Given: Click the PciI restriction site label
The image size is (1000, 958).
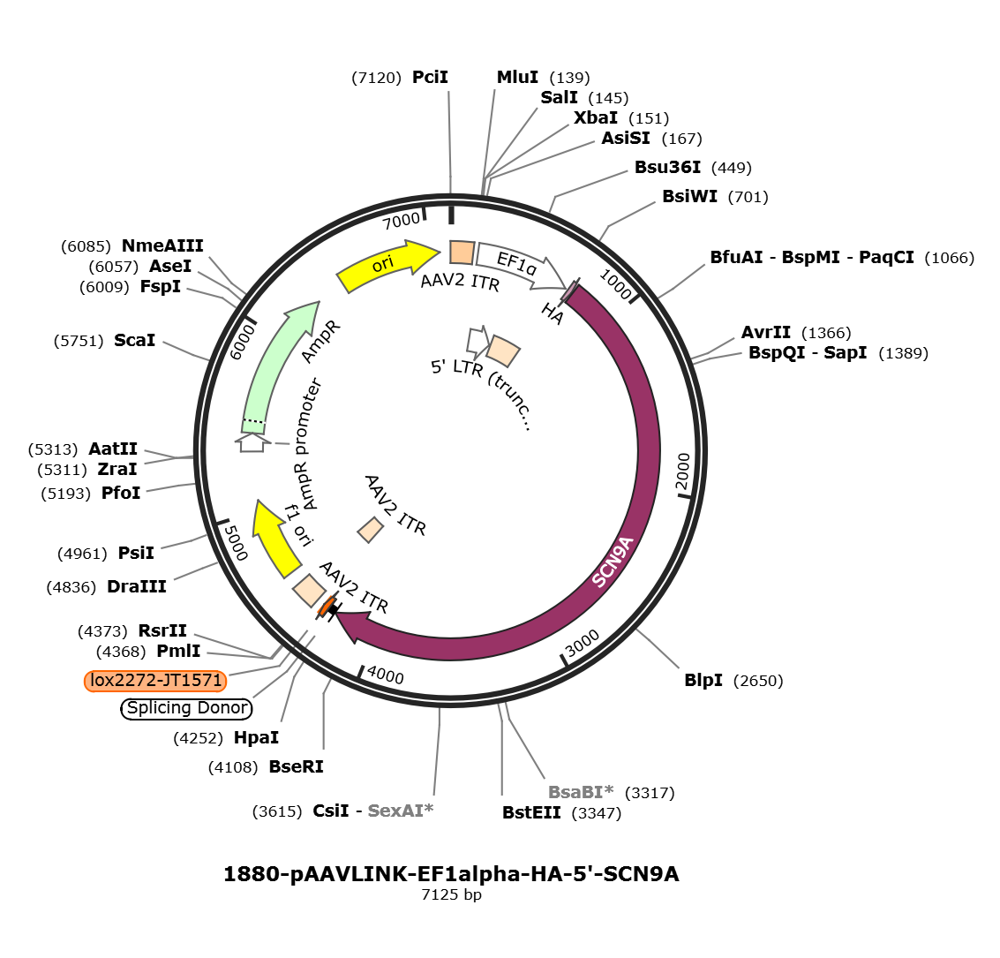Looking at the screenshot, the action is (430, 77).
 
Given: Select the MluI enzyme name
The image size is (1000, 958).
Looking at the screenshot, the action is (517, 77).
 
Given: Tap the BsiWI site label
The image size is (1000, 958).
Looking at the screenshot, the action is (689, 196).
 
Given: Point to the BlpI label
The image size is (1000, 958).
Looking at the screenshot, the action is (703, 680).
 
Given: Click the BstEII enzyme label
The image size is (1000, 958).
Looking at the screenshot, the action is (531, 812).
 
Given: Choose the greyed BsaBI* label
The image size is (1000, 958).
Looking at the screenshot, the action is (581, 792).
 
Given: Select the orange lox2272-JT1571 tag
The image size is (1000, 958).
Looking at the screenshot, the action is (155, 681).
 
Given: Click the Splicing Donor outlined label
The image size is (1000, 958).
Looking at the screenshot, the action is (186, 708).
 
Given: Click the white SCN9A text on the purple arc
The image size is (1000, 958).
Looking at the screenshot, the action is (613, 562).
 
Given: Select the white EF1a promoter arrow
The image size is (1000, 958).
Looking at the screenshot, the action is (520, 263).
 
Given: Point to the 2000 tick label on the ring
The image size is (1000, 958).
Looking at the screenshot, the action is (683, 471).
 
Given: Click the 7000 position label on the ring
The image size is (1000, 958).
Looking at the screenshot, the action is (402, 221).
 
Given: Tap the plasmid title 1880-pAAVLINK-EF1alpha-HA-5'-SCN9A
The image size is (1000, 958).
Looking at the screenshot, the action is (452, 873).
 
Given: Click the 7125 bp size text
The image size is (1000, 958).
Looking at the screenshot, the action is (452, 894).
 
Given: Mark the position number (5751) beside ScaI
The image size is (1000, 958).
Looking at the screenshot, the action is (79, 341).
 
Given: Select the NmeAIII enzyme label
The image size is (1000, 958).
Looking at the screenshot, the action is (162, 245).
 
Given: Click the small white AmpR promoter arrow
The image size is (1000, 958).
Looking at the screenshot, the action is (252, 442).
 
